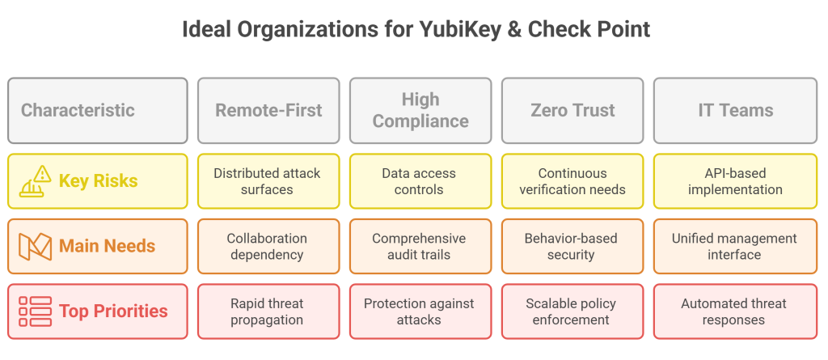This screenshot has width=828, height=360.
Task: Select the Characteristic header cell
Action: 98,111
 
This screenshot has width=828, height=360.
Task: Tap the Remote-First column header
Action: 268,111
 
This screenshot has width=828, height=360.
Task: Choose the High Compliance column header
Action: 420,111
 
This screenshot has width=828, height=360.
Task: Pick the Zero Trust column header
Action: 572,111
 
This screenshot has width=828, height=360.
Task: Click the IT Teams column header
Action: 736,111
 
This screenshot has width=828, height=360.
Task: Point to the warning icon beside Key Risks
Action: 35,180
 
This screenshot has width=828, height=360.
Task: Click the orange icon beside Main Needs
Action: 35,247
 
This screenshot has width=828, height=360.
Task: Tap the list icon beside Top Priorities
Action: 35,311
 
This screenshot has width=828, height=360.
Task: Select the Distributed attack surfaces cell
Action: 268,181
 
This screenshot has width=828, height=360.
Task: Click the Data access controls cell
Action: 420,181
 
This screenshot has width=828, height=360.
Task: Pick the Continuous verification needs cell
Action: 572,181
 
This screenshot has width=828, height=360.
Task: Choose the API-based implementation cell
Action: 736,181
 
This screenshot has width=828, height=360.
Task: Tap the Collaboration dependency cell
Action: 268,247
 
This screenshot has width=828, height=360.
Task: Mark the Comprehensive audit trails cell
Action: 420,247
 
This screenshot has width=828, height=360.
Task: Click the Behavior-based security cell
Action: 572,247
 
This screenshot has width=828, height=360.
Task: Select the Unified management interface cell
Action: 736,247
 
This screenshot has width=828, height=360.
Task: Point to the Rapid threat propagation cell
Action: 268,311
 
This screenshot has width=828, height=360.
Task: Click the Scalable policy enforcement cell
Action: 572,311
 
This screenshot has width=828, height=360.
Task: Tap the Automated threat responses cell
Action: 736,311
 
